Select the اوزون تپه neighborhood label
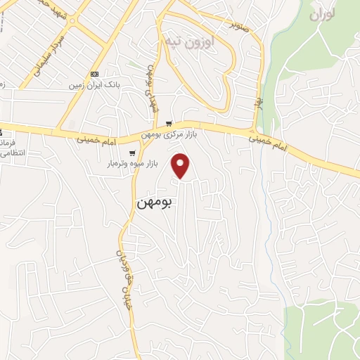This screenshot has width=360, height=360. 188,39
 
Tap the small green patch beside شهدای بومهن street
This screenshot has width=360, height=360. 134,65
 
